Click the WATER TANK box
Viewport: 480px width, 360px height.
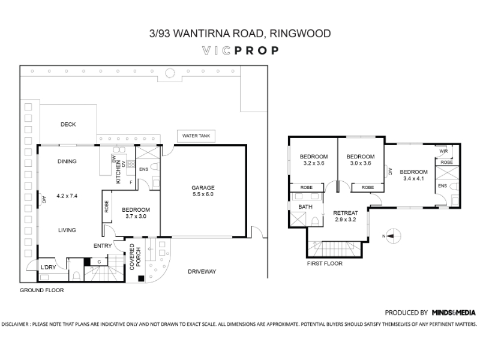(x=196, y=136)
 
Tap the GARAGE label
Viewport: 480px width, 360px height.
(x=203, y=188)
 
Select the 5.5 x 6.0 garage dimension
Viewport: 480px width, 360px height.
(x=203, y=194)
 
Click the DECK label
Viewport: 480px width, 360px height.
(x=68, y=124)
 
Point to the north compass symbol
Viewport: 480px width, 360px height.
(x=392, y=236)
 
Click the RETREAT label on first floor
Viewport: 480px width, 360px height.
(x=346, y=213)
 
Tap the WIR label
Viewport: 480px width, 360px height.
(x=443, y=151)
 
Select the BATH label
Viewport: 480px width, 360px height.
(x=305, y=207)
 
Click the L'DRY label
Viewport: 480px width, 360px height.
(x=49, y=267)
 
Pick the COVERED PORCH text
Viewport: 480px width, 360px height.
(x=135, y=257)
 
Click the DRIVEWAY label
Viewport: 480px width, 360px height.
(x=202, y=272)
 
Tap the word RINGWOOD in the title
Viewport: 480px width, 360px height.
(x=300, y=34)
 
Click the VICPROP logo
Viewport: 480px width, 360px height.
(x=241, y=50)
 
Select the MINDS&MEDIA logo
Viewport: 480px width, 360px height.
(x=454, y=313)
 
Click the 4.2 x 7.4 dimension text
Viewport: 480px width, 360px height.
(x=67, y=196)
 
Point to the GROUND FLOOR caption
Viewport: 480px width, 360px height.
(x=41, y=290)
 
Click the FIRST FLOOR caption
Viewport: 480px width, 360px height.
(x=325, y=263)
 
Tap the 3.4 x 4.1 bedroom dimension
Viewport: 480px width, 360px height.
(x=413, y=178)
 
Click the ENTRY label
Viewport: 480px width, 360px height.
(x=103, y=246)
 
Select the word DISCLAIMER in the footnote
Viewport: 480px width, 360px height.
(x=14, y=324)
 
